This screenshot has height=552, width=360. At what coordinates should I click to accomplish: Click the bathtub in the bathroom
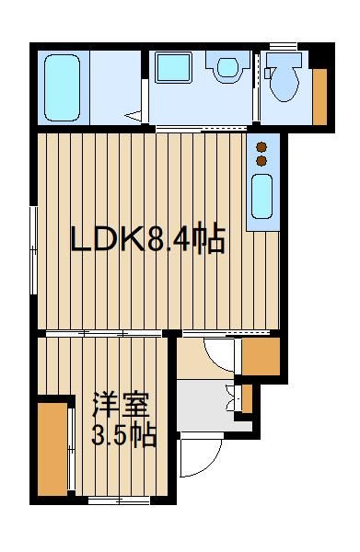[62, 87]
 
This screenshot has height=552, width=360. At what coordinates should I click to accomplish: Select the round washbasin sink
[228, 67]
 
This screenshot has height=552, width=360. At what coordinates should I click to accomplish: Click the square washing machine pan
[173, 67]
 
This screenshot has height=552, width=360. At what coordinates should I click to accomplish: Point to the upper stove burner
[261, 146]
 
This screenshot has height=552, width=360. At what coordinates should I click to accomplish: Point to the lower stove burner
[261, 161]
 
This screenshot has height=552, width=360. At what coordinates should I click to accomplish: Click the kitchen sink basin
[262, 197]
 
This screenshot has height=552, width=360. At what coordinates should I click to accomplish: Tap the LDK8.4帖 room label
[148, 238]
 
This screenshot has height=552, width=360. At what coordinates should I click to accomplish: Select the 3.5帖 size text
[124, 436]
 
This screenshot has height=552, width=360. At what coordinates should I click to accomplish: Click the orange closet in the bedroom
[52, 449]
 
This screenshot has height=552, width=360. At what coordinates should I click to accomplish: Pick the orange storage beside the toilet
[319, 97]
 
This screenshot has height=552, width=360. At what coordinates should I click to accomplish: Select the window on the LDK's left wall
[33, 250]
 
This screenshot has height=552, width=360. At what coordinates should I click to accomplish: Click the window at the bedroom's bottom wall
[120, 500]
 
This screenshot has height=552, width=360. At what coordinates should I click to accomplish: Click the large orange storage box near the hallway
[261, 356]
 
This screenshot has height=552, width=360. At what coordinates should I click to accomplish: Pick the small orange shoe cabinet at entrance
[247, 398]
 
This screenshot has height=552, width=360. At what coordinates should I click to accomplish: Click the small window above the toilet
[284, 46]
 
